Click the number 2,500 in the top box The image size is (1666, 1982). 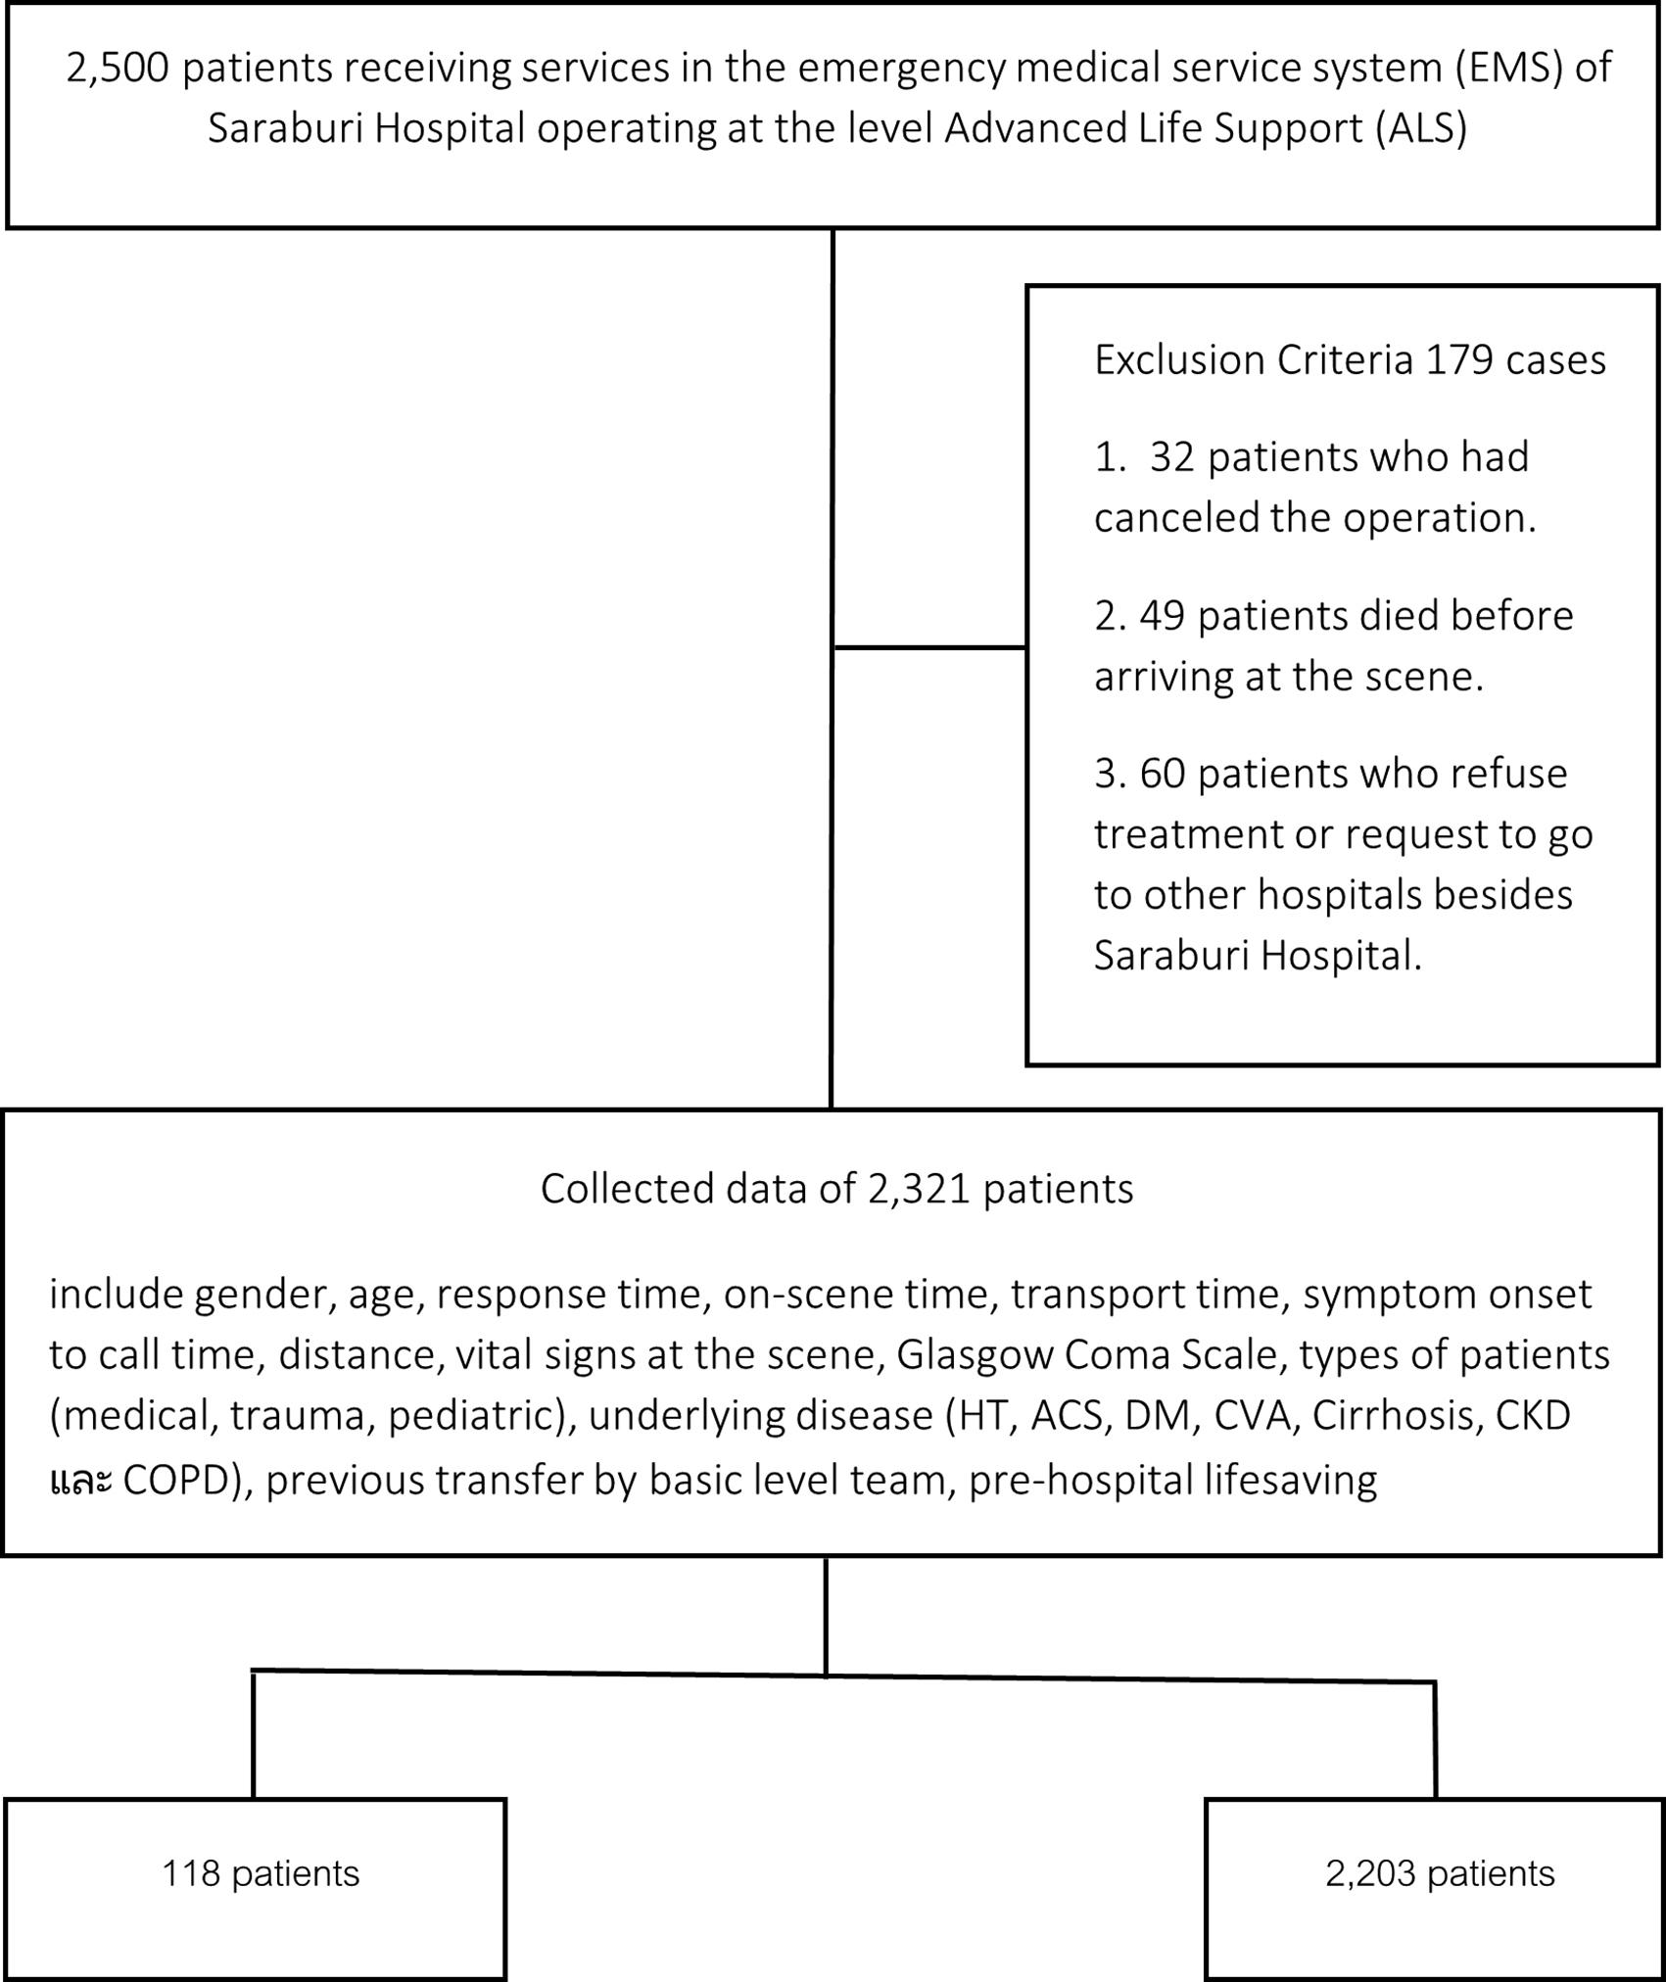(117, 70)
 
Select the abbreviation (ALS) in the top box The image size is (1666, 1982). (1421, 129)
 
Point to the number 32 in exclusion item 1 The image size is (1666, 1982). (1172, 457)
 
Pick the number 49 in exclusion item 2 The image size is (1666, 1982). (1163, 616)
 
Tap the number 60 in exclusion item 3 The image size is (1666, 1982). (1163, 774)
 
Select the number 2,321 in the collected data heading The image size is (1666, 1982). (919, 1189)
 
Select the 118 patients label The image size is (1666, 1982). (261, 1874)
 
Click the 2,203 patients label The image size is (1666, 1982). (1440, 1874)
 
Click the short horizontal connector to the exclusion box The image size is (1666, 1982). (928, 647)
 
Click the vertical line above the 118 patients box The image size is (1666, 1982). (254, 1734)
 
